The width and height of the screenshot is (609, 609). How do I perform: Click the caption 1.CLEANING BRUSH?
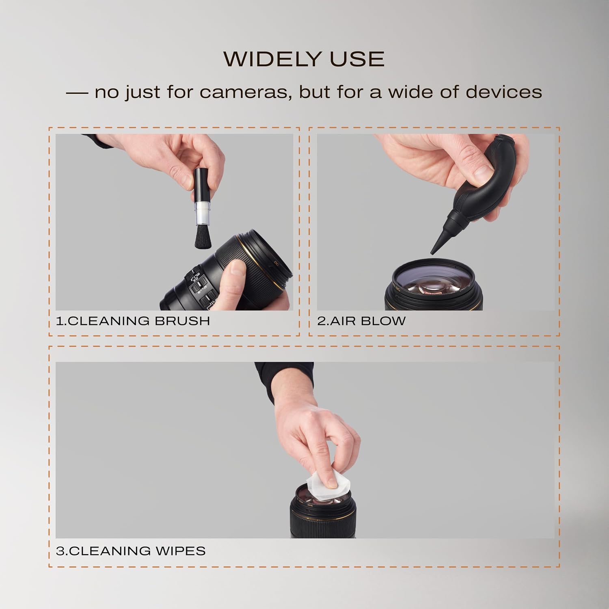[x=133, y=321]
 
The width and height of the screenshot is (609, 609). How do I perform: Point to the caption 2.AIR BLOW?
[x=361, y=321]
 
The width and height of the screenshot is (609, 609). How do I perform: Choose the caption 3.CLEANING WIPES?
[x=131, y=551]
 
